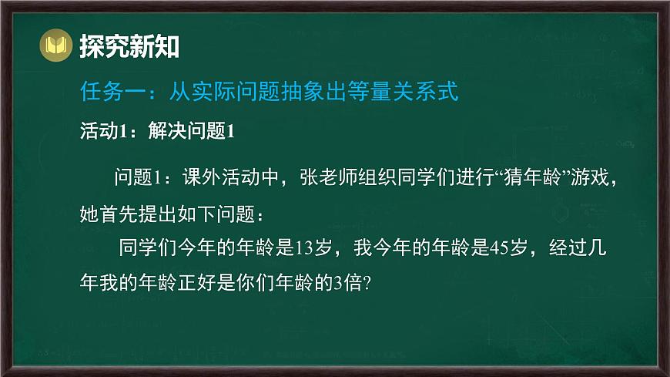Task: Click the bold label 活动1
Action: [102, 132]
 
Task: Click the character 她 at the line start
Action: [90, 211]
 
